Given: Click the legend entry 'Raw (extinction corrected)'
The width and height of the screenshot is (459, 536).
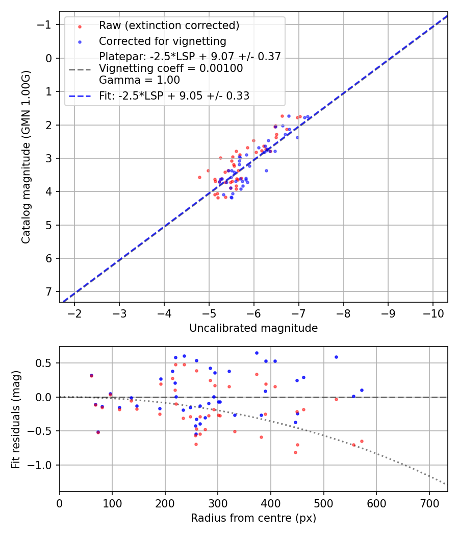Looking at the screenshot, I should (169, 26).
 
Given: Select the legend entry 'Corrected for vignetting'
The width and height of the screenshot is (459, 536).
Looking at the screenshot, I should (162, 41).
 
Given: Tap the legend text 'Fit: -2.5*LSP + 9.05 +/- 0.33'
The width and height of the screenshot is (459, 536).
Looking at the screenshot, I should (174, 96).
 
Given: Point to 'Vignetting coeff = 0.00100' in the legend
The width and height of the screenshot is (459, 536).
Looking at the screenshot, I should (171, 68).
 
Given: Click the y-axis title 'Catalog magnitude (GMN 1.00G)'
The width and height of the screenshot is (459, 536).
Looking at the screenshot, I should (26, 157).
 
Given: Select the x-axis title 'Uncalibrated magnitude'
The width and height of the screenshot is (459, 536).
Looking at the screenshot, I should (253, 328).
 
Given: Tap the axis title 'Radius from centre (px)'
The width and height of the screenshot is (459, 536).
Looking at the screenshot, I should (253, 518).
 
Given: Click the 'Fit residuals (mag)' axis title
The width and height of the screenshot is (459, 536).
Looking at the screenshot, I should (16, 419).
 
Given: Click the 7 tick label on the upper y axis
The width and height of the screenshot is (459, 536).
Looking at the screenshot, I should (49, 291).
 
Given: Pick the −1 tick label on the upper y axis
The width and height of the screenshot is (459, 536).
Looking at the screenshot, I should (46, 25).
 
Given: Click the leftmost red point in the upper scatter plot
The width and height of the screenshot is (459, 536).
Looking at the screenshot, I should (199, 177).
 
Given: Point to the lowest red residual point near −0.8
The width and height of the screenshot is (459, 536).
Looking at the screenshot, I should (295, 452).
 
